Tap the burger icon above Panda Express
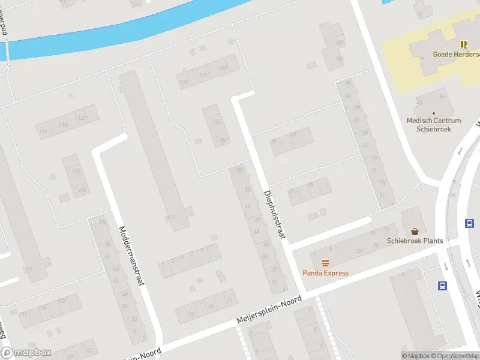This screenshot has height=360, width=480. click(x=326, y=263)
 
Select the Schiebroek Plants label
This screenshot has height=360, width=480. click(x=415, y=241)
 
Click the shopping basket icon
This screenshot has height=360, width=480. click(x=415, y=231)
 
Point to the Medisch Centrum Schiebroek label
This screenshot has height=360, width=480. click(x=434, y=124)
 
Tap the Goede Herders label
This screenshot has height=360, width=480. click(x=456, y=54)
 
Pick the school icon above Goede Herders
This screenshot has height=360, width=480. click(x=464, y=44)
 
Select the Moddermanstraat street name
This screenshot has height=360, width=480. click(x=133, y=256)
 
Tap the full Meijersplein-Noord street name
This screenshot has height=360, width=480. click(x=269, y=310)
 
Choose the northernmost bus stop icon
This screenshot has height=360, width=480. click(x=469, y=223)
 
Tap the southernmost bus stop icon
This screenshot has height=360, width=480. click(x=443, y=286)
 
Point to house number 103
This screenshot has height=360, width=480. click(x=340, y=43)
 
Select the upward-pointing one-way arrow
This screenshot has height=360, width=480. click(x=467, y=263)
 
